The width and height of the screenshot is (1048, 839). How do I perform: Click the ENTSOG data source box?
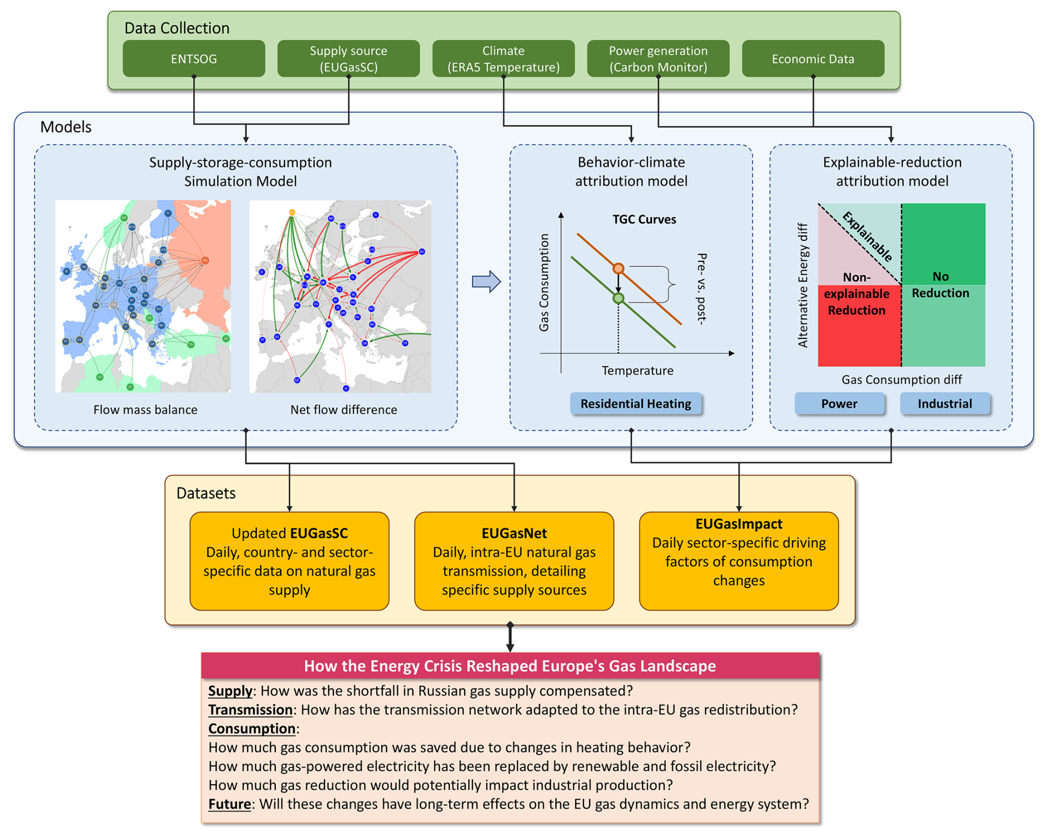[x=193, y=59]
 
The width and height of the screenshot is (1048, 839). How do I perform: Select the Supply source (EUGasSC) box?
[x=348, y=59]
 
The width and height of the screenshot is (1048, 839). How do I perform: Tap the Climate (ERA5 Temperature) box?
[x=503, y=59]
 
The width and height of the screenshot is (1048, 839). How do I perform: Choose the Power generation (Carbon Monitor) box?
[x=658, y=59]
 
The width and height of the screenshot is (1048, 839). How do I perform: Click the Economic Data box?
[x=813, y=59]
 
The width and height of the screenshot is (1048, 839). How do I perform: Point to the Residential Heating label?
[x=635, y=404]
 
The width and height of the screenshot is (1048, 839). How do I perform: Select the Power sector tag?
[x=839, y=404]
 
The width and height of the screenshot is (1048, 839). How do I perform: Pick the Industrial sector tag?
[x=944, y=404]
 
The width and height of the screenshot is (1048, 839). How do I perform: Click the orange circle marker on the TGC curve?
[x=618, y=269]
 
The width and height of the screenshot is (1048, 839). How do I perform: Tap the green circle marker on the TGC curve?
[x=618, y=298]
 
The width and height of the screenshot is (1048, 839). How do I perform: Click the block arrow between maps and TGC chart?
[x=486, y=282]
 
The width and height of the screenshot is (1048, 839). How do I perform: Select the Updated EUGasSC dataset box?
[x=289, y=560]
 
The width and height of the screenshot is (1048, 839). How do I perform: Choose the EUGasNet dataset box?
[x=514, y=560]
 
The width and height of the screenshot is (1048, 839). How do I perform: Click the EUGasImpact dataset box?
[x=738, y=560]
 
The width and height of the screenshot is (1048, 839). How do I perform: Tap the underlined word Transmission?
[x=250, y=710]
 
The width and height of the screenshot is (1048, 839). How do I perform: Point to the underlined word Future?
[x=229, y=804]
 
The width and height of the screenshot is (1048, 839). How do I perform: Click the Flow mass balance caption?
[x=145, y=410]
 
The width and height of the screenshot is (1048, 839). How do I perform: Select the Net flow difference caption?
[x=343, y=410]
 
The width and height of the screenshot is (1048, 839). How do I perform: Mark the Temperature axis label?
[x=638, y=370]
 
